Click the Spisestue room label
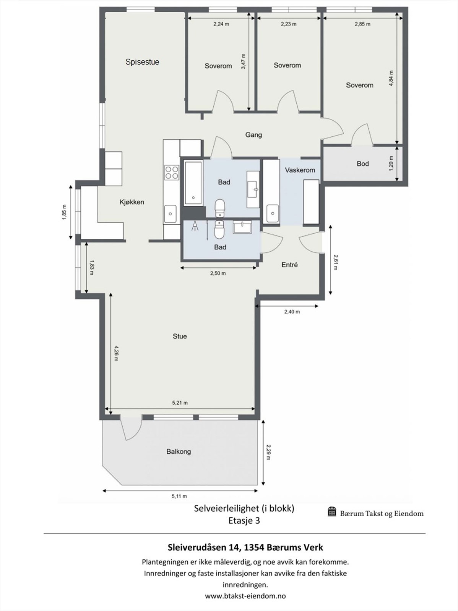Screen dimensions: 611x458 pos(142,62)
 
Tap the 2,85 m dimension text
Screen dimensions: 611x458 pos(362,24)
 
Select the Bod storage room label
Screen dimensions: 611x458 pos(362,163)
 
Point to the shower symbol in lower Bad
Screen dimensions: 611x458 pos(195,226)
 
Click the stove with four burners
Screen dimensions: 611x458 pos(171,172)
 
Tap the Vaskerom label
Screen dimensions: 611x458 pos(300,170)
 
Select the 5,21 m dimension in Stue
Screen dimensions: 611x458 pos(180,402)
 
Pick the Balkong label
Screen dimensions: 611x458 pos(179,451)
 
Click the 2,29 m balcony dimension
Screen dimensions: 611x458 pos(268,452)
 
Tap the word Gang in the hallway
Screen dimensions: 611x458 pos(253,134)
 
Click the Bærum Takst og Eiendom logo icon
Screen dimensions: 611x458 pos(332,512)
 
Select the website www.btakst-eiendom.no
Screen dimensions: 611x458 pos(245,596)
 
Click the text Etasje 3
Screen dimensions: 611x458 pos(244,520)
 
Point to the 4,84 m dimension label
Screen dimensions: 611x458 pos(391,78)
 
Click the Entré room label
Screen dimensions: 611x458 pos(289,265)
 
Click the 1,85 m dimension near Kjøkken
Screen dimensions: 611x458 pos(64,212)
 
